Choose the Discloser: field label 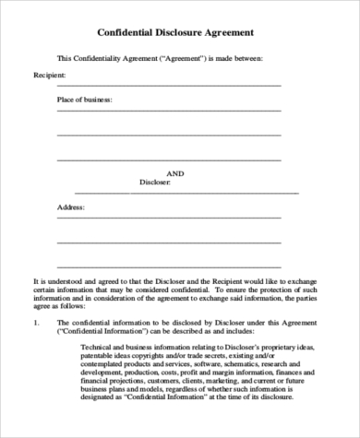pyautogui.click(x=155, y=182)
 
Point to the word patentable pyautogui.click(x=102, y=356)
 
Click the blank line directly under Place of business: pyautogui.click(x=169, y=111)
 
